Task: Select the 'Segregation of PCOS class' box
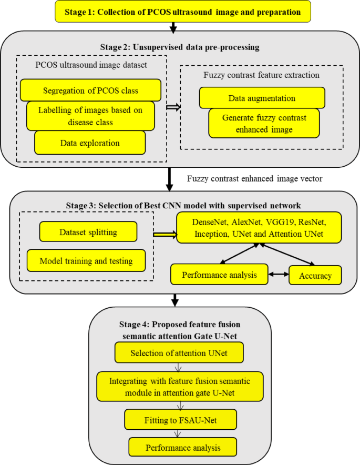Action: click(90, 90)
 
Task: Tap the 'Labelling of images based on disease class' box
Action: click(90, 116)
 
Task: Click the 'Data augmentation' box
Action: click(262, 98)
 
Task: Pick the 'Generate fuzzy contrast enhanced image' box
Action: click(263, 123)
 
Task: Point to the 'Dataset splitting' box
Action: click(88, 231)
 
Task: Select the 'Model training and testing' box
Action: click(87, 260)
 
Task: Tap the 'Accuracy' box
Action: click(314, 275)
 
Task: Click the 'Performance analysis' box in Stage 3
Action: click(219, 275)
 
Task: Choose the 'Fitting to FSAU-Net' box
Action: click(180, 420)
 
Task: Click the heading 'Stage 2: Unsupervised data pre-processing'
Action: click(180, 47)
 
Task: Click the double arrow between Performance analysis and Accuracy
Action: click(279, 275)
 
